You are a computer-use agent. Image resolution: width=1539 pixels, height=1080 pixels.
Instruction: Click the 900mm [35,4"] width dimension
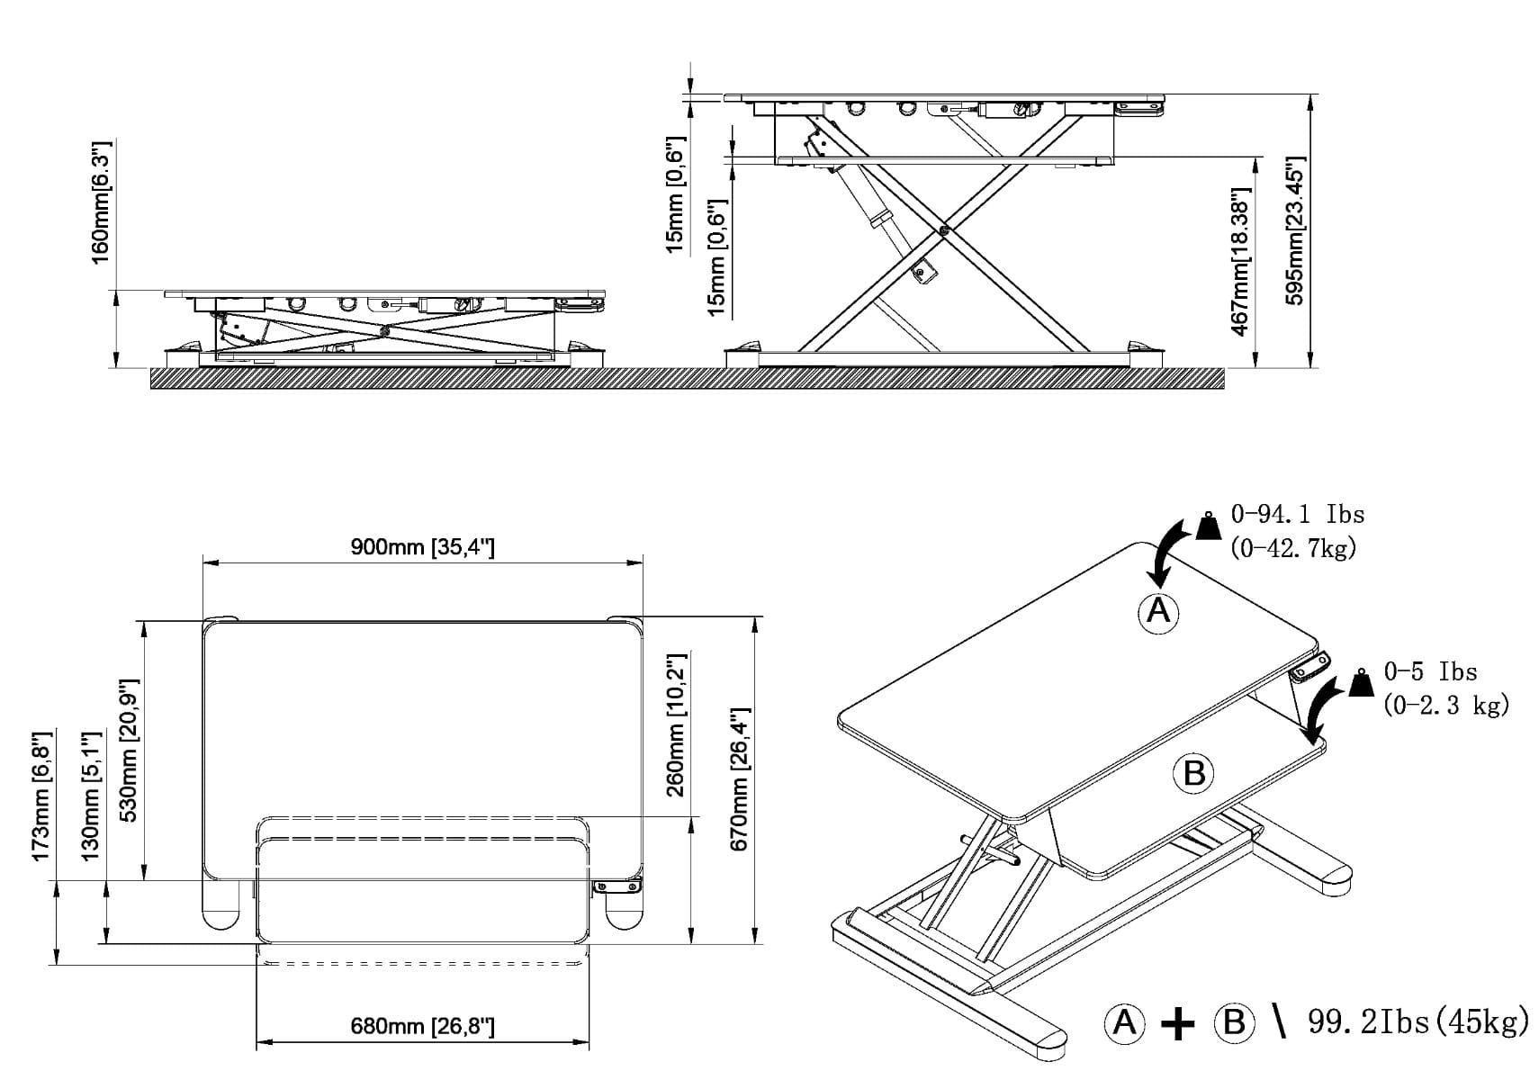(x=422, y=547)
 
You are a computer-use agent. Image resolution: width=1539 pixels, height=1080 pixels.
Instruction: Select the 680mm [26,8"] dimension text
(x=422, y=1026)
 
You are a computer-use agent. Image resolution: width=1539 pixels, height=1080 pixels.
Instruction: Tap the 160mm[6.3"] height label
(x=100, y=202)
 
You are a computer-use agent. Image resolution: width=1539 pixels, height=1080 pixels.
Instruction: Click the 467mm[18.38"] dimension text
(x=1239, y=262)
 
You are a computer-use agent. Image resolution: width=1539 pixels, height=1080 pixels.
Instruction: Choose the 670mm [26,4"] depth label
(x=739, y=779)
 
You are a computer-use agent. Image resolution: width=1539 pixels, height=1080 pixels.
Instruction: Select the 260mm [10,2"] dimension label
(x=675, y=725)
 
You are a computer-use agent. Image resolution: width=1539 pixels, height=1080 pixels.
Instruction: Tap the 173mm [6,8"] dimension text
(x=40, y=796)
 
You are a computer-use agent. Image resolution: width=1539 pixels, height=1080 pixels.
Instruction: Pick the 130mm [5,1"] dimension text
(x=91, y=796)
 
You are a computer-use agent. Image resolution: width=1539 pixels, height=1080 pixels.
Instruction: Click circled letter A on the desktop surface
(x=1157, y=612)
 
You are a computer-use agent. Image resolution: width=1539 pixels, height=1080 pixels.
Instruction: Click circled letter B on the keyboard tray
(x=1193, y=773)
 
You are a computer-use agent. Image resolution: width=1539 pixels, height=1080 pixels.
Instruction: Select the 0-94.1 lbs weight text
(x=1297, y=515)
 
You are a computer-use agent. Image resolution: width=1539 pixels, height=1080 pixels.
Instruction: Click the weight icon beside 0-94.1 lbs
(x=1208, y=526)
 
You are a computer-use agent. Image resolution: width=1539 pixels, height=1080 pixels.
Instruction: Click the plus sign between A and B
(x=1177, y=1023)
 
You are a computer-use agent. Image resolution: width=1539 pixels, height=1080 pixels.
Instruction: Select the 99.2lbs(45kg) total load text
(x=1417, y=1022)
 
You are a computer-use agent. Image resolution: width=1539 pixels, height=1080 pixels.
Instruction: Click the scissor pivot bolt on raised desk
(x=942, y=230)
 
